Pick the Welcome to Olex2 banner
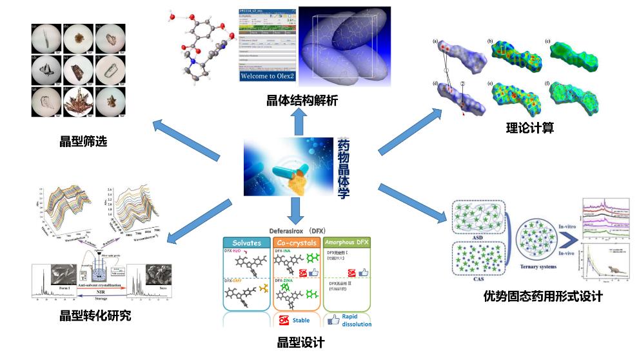267,76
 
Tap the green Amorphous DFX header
348,243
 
